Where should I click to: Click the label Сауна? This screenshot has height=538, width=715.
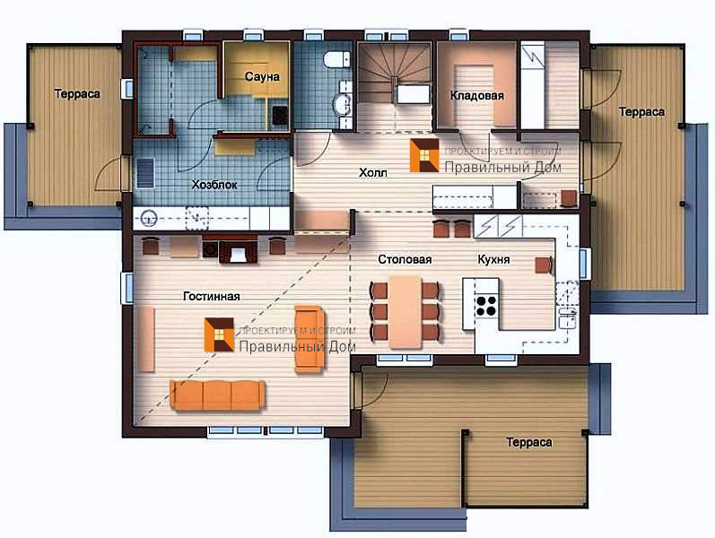coord(262,76)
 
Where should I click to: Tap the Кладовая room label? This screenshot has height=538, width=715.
coord(477,95)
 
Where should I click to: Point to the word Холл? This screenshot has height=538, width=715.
coord(373,172)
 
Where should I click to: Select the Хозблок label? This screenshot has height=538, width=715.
coord(214,185)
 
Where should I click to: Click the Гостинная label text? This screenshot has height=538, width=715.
coord(212,297)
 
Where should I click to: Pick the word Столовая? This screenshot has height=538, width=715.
coord(405,259)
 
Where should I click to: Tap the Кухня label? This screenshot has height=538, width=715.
coord(493,259)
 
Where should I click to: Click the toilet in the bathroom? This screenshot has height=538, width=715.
coord(337,60)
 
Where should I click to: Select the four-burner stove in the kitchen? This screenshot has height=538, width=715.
coord(485,306)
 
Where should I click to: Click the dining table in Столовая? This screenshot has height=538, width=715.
coord(405,312)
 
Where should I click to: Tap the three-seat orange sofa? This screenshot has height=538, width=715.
coord(217,395)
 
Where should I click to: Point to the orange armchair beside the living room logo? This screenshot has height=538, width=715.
coord(310,339)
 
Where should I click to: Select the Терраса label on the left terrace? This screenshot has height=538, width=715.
coord(77,94)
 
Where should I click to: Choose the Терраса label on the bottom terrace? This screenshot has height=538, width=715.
coord(529,442)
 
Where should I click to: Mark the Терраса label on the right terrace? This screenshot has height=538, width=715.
coord(641,112)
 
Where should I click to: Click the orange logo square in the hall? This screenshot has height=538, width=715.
coord(424,155)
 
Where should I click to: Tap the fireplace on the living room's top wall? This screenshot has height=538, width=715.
coord(238,250)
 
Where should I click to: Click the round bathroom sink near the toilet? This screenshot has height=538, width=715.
coord(342,105)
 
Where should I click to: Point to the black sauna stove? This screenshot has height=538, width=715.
coord(280,116)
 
